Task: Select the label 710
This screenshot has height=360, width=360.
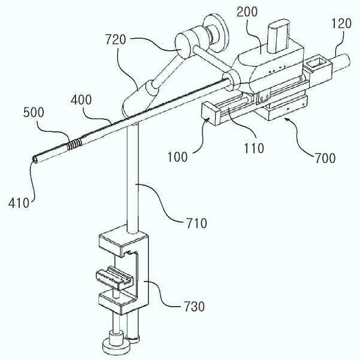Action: pos(196,223)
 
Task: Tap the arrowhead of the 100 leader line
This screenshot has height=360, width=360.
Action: pos(210,119)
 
